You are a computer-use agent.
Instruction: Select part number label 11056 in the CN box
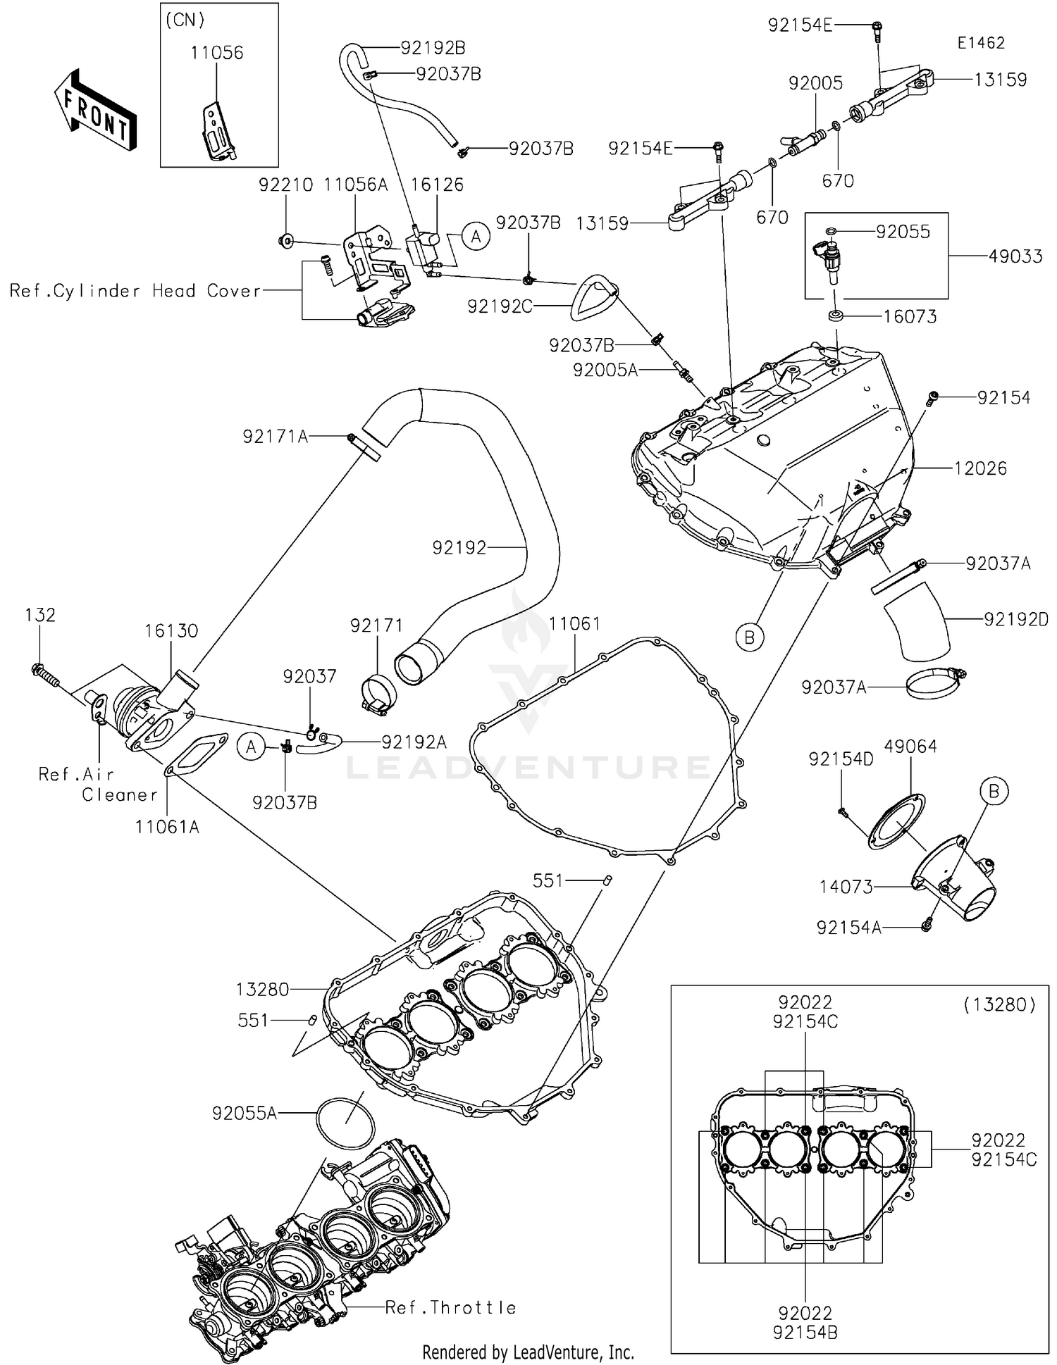(216, 52)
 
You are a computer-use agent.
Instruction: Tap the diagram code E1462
(980, 42)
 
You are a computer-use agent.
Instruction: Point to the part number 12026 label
(980, 468)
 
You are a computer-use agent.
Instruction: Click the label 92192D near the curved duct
(1016, 619)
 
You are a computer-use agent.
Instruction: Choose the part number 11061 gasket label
(574, 623)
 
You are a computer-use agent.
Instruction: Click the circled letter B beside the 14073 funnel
(994, 791)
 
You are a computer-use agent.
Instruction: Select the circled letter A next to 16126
(476, 237)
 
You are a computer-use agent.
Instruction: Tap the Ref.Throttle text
(451, 1308)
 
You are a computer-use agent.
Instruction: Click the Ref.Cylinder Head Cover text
(135, 291)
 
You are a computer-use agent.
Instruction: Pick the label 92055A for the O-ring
(245, 1113)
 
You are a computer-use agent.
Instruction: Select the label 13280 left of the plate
(262, 990)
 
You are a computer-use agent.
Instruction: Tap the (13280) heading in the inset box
(999, 1004)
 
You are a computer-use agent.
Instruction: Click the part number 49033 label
(1015, 256)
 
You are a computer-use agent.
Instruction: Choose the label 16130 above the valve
(171, 630)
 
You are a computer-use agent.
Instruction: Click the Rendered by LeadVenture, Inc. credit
(528, 1352)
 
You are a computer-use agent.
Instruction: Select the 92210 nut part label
(285, 185)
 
